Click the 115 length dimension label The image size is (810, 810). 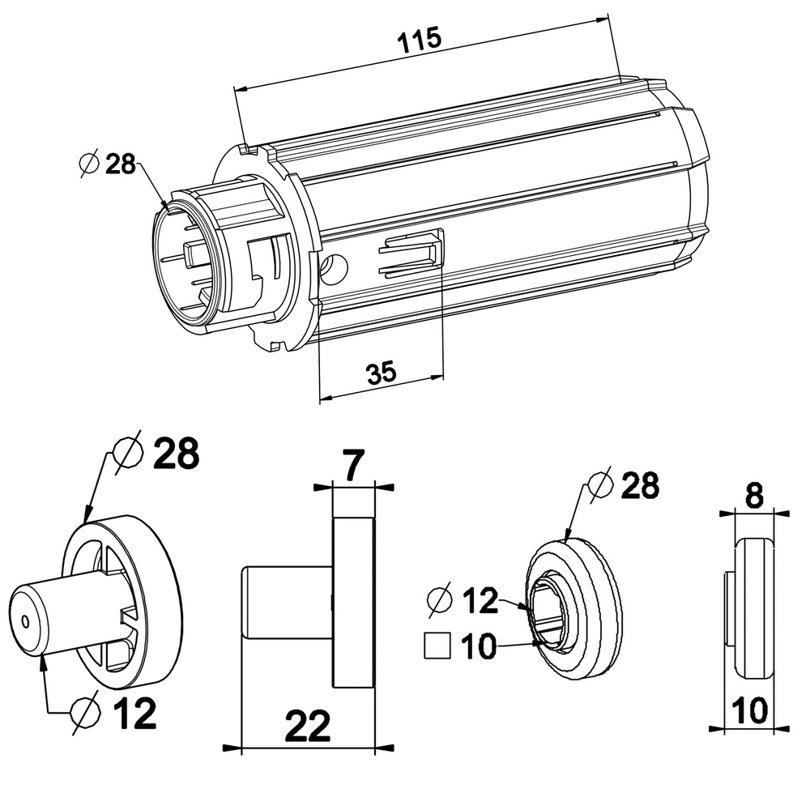click(x=420, y=40)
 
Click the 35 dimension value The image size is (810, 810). click(x=382, y=372)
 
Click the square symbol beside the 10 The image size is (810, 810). click(x=437, y=646)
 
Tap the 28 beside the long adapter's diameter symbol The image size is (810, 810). click(x=121, y=164)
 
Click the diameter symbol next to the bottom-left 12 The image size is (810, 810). click(x=85, y=714)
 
